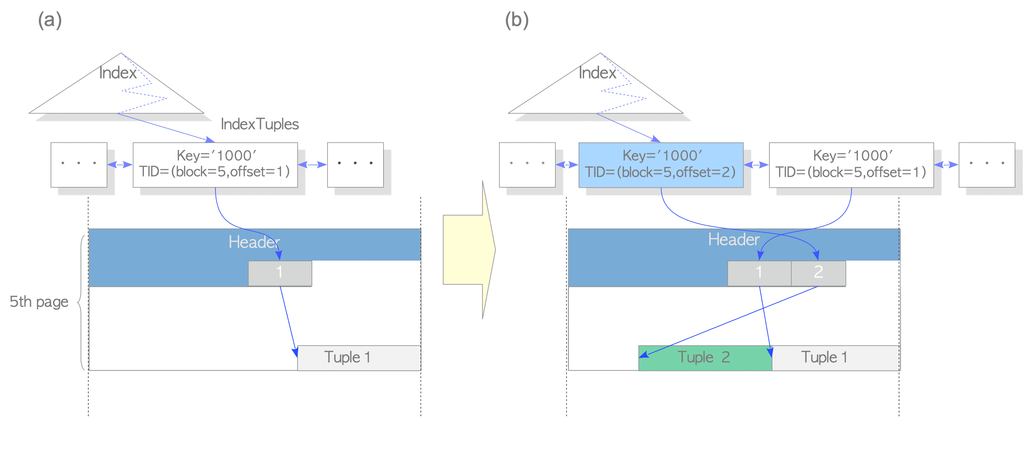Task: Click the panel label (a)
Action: [50, 20]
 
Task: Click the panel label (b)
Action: [517, 20]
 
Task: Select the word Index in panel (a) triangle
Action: [118, 73]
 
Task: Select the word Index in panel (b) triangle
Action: [597, 73]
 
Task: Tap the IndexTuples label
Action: [260, 124]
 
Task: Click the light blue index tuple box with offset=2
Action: [661, 165]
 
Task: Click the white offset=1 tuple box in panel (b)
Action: [851, 165]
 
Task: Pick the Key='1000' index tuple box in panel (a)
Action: [215, 165]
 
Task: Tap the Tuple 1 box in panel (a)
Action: [359, 358]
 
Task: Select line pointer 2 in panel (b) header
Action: [818, 273]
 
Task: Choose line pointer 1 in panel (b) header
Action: [759, 273]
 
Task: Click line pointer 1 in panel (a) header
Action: [279, 273]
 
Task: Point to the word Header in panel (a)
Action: [254, 242]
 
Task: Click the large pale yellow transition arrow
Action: [469, 250]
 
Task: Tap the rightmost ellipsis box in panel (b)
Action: [986, 165]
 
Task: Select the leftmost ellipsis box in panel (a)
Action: [79, 165]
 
